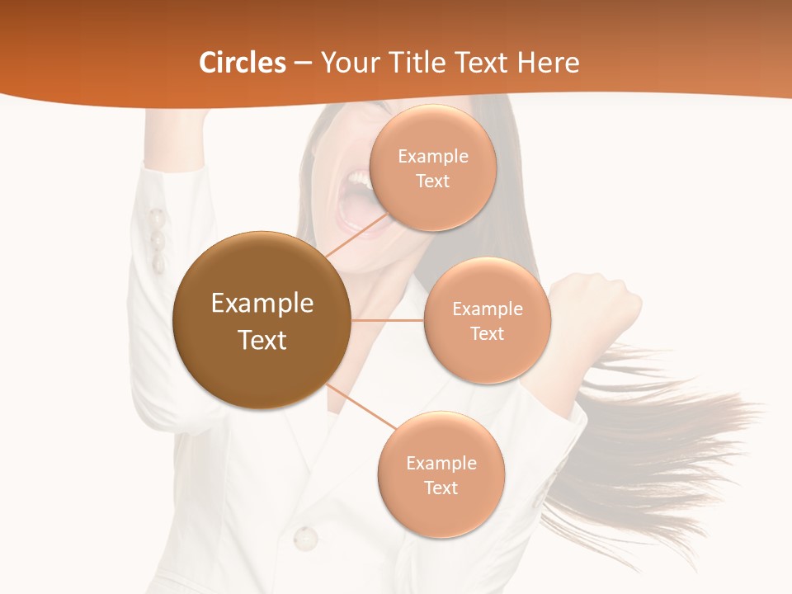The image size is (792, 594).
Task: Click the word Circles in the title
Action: (242, 63)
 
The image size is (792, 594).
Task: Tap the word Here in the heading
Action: (548, 63)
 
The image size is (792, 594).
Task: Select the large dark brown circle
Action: (262, 320)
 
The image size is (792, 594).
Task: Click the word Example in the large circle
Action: (262, 304)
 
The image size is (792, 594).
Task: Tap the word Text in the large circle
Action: (262, 340)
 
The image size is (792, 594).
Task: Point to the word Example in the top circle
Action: (433, 157)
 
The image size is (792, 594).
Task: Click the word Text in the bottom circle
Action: (441, 488)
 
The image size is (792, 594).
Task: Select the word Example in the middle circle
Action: (488, 309)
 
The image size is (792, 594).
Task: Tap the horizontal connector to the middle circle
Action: (387, 320)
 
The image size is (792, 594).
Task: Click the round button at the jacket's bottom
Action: (305, 538)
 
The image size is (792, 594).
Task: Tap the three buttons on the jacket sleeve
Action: (156, 240)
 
